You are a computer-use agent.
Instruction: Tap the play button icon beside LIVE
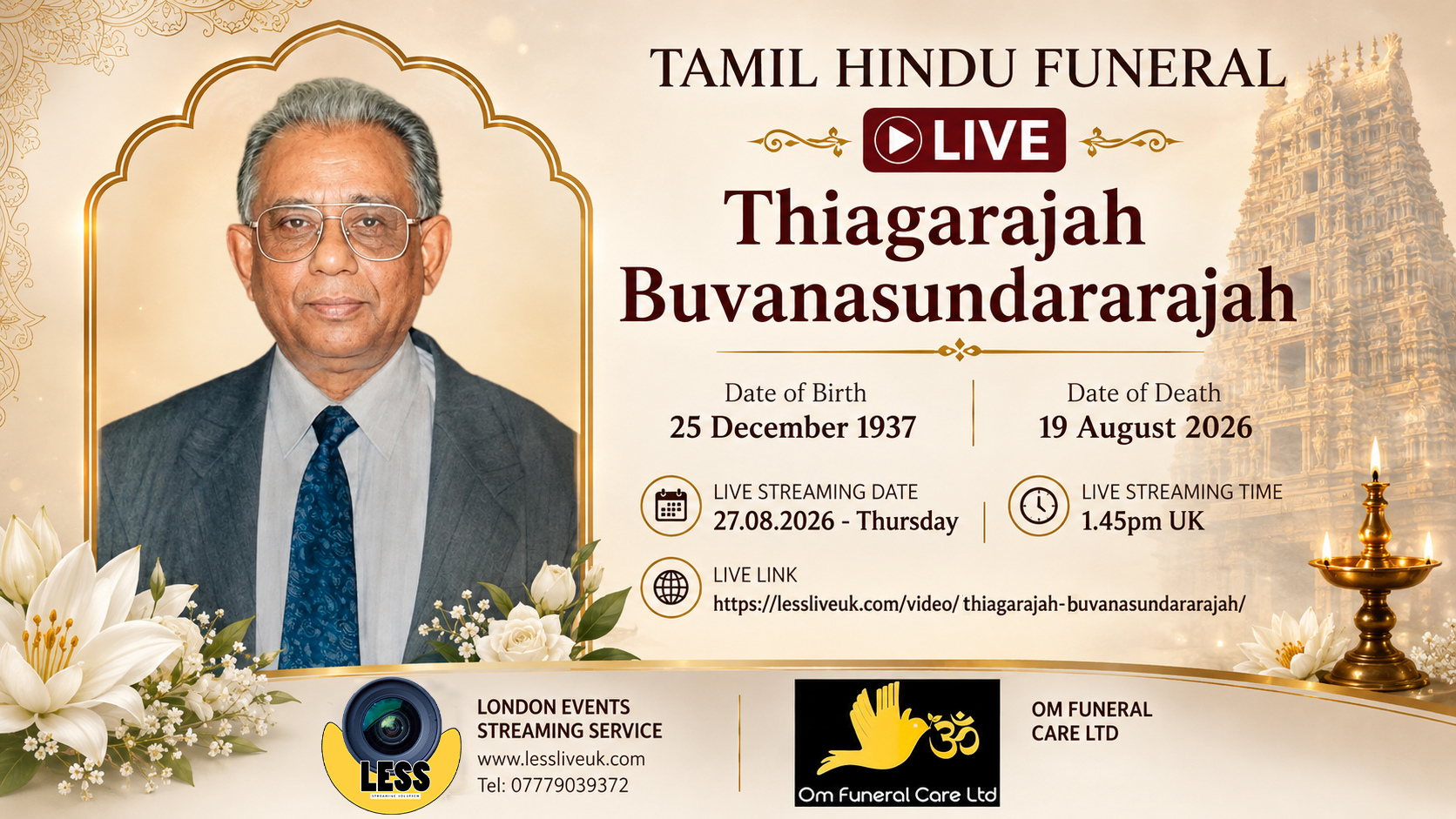click(x=898, y=139)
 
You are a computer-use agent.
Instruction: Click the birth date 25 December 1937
click(x=793, y=427)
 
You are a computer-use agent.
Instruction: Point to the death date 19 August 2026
click(x=1145, y=427)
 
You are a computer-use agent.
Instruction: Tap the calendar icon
click(x=671, y=506)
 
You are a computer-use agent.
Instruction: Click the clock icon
click(x=1038, y=506)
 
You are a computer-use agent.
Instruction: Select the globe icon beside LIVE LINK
click(x=671, y=587)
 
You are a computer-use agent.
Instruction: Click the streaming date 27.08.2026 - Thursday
click(x=835, y=521)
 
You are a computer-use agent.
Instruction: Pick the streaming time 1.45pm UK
click(x=1143, y=521)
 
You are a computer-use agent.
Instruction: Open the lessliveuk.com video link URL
click(x=979, y=604)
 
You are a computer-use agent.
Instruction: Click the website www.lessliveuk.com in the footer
click(x=561, y=759)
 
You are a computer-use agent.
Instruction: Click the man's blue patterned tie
click(x=321, y=538)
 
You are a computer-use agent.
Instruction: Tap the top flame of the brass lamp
click(x=1375, y=459)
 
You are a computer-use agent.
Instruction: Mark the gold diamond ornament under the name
click(x=960, y=351)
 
